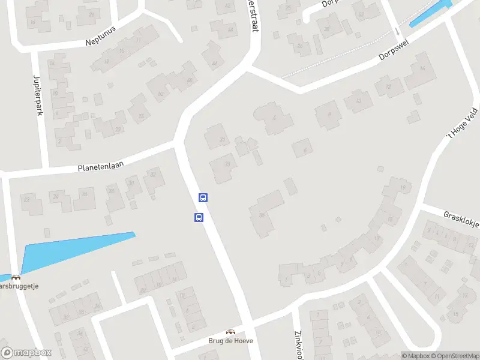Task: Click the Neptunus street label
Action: (x=100, y=37)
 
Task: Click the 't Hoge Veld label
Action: (x=462, y=123)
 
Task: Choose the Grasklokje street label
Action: (x=461, y=219)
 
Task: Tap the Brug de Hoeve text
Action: (x=231, y=341)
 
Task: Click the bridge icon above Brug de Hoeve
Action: (x=230, y=332)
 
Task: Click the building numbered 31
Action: (x=217, y=137)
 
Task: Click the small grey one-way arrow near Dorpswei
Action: (x=398, y=30)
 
